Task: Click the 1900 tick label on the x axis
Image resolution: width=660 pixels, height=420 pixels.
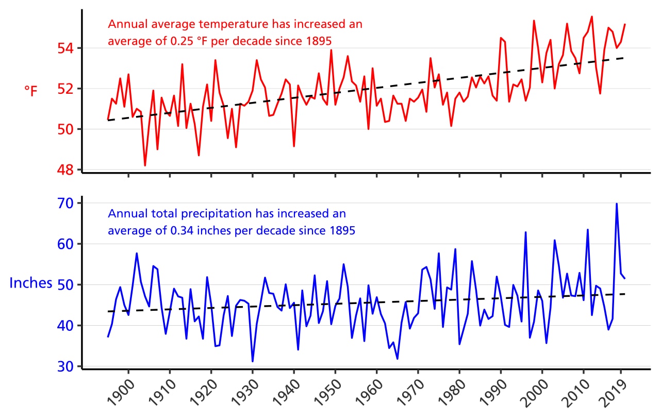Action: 119,394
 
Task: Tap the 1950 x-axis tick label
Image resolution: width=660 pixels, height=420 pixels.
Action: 325,394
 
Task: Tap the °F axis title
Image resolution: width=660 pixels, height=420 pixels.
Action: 31,91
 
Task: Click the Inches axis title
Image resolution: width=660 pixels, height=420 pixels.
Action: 31,283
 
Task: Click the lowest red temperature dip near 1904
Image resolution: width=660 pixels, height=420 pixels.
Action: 145,165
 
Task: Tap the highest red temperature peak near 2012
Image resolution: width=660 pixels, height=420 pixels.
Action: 591,16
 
